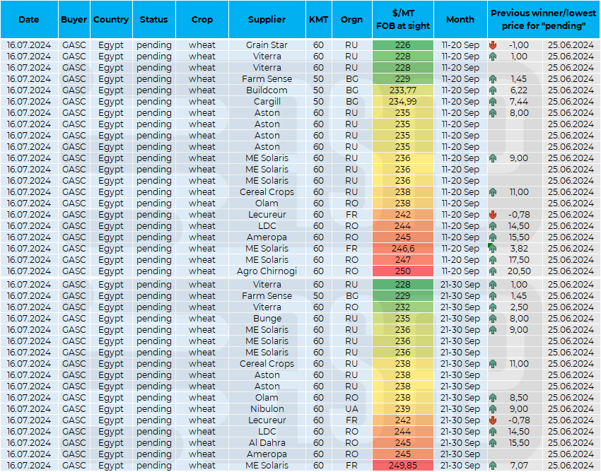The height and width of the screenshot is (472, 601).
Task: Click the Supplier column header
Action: point(267,20)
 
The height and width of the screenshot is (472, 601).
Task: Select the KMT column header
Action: point(318,20)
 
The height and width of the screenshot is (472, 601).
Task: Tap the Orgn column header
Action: point(351,20)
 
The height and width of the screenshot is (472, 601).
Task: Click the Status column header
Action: point(153,20)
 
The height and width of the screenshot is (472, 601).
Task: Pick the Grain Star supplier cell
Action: point(267,45)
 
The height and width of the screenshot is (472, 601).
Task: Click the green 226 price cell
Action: point(403,45)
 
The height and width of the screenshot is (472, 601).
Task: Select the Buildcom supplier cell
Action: point(267,90)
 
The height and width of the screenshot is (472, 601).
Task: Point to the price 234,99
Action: point(403,102)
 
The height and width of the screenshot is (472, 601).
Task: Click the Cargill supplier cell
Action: point(267,102)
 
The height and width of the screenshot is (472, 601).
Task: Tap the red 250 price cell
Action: point(403,271)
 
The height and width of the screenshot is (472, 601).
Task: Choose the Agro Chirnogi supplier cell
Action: point(267,271)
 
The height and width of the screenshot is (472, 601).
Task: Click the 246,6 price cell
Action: point(403,249)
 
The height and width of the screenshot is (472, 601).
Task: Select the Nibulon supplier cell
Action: point(267,409)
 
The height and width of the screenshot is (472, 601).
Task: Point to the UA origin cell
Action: point(351,409)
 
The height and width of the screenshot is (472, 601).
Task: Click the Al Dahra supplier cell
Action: point(267,443)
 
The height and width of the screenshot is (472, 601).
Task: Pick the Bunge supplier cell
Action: point(267,319)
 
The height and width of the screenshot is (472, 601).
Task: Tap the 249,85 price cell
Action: point(403,466)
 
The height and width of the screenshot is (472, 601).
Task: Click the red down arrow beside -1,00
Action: point(493,45)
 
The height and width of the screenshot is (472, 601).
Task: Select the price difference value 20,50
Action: point(519,271)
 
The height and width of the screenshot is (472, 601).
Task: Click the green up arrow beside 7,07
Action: point(493,466)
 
